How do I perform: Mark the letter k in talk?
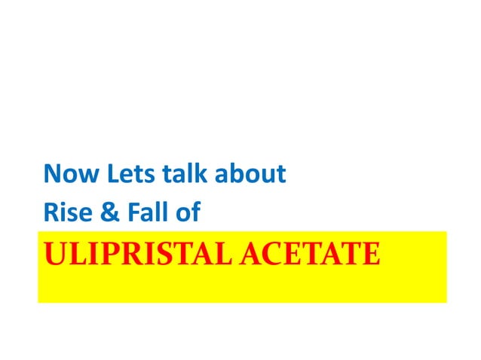click(x=200, y=175)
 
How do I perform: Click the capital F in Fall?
click(x=136, y=212)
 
